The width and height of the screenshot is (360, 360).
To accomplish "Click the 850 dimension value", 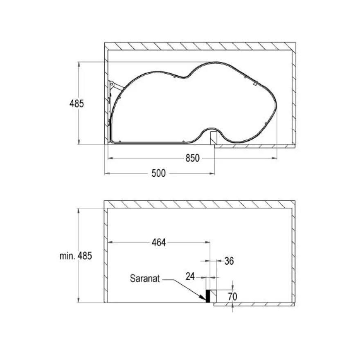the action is click(x=192, y=158).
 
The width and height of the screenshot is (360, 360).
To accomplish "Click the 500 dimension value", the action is click(x=158, y=173).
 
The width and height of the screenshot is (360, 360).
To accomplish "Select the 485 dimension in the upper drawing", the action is click(x=76, y=103).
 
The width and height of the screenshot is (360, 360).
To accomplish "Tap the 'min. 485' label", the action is click(x=76, y=256).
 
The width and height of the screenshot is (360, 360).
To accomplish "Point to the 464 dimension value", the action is click(x=159, y=243).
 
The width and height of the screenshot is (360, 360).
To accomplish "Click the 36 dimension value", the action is click(x=229, y=261).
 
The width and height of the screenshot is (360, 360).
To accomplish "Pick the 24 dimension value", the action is click(x=190, y=277).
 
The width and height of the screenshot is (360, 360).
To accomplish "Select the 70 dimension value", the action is click(x=233, y=297).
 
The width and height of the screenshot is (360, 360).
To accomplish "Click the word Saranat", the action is click(x=145, y=279).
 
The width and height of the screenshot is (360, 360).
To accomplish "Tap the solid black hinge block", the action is click(x=208, y=296).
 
